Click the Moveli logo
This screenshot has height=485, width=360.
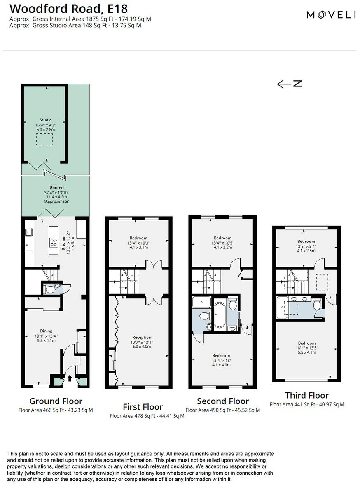click(x=331, y=15)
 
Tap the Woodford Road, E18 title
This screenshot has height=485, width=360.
click(x=68, y=8)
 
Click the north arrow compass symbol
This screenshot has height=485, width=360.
click(x=289, y=84)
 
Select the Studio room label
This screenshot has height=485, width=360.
click(x=45, y=120)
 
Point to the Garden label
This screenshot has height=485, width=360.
click(x=56, y=187)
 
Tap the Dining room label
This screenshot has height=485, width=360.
click(x=46, y=331)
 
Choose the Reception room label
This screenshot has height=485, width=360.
click(x=142, y=337)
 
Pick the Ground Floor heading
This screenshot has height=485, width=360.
click(x=56, y=401)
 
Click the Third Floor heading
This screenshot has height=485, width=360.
click(x=306, y=396)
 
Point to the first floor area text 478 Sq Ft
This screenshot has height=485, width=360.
click(x=147, y=416)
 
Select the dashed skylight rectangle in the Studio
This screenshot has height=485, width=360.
click(x=45, y=140)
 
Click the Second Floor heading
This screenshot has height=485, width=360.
click(x=222, y=401)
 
